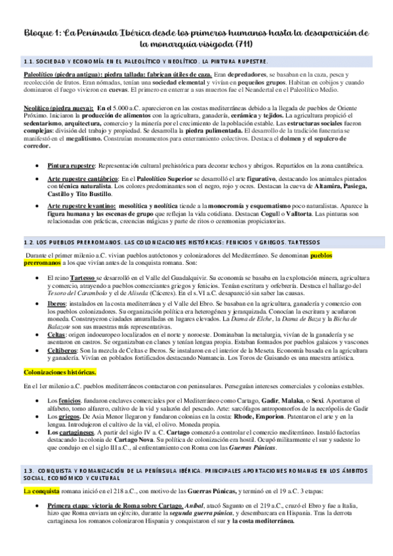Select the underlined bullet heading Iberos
pyautogui.click(x=57, y=305)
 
